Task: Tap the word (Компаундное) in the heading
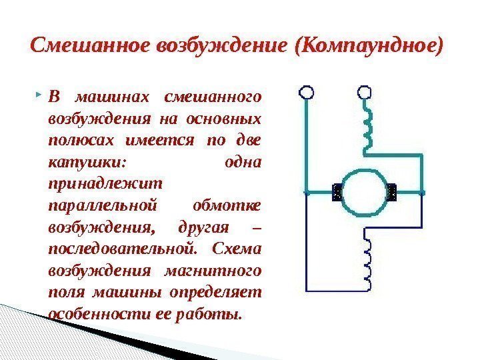[371, 45]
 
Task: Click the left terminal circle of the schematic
[306, 91]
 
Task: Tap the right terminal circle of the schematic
[365, 91]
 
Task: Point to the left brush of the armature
[337, 193]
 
